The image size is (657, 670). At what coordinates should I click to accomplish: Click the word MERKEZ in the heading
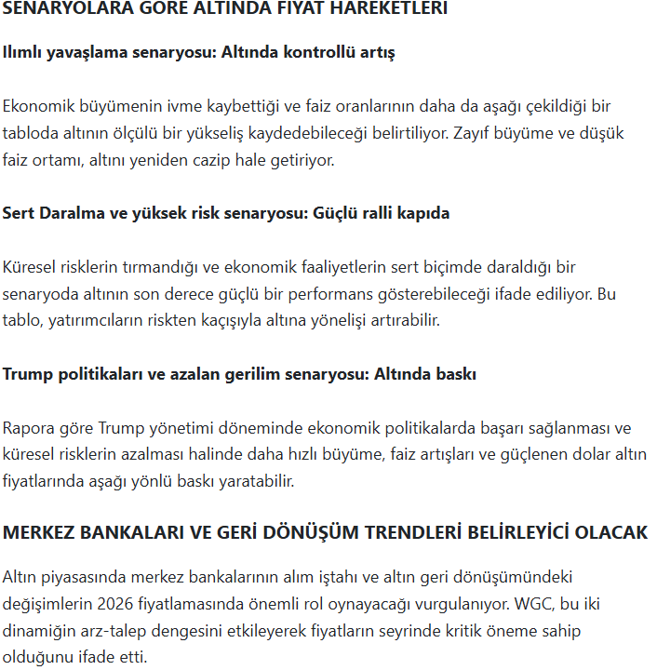tap(38, 533)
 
